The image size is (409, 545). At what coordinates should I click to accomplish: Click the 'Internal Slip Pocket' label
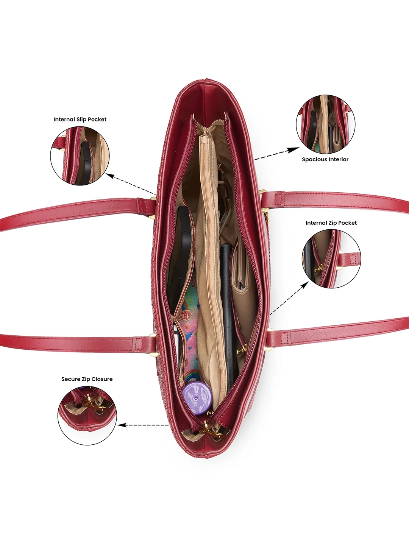click(80, 120)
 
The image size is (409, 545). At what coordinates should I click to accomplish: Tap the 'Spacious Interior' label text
click(325, 159)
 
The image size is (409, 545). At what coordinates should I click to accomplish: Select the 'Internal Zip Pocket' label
click(331, 223)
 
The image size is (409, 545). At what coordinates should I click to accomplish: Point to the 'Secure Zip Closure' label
click(87, 379)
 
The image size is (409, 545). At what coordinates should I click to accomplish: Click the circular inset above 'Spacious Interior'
click(325, 124)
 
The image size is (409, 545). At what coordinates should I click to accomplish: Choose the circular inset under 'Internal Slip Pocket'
click(80, 156)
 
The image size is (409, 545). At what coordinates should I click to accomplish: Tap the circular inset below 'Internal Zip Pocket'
click(331, 259)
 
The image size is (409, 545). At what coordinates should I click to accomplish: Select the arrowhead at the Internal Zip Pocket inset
click(305, 285)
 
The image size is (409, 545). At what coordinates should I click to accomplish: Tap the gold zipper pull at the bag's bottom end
click(211, 430)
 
